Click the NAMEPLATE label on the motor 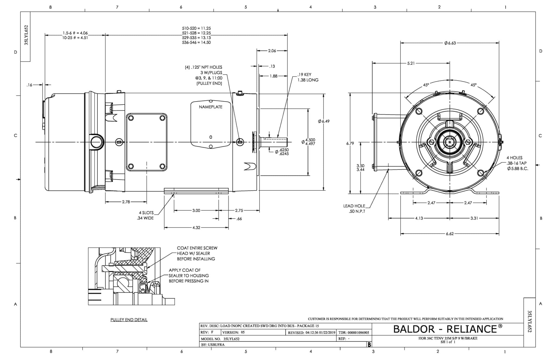click(210, 107)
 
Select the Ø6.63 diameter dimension click(450, 43)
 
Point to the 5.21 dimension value click(411, 63)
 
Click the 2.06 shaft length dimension click(272, 51)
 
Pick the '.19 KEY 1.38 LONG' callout click(308, 77)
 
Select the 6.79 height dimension click(350, 143)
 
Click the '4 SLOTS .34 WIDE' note click(146, 215)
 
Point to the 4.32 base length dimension click(196, 228)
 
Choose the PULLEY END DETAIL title click(129, 320)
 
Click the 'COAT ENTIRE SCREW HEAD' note click(197, 253)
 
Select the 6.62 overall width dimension click(450, 234)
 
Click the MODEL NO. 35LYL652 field click(220, 339)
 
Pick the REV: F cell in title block click(207, 332)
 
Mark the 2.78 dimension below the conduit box click(126, 202)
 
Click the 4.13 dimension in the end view click(419, 218)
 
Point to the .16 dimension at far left click(29, 85)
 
